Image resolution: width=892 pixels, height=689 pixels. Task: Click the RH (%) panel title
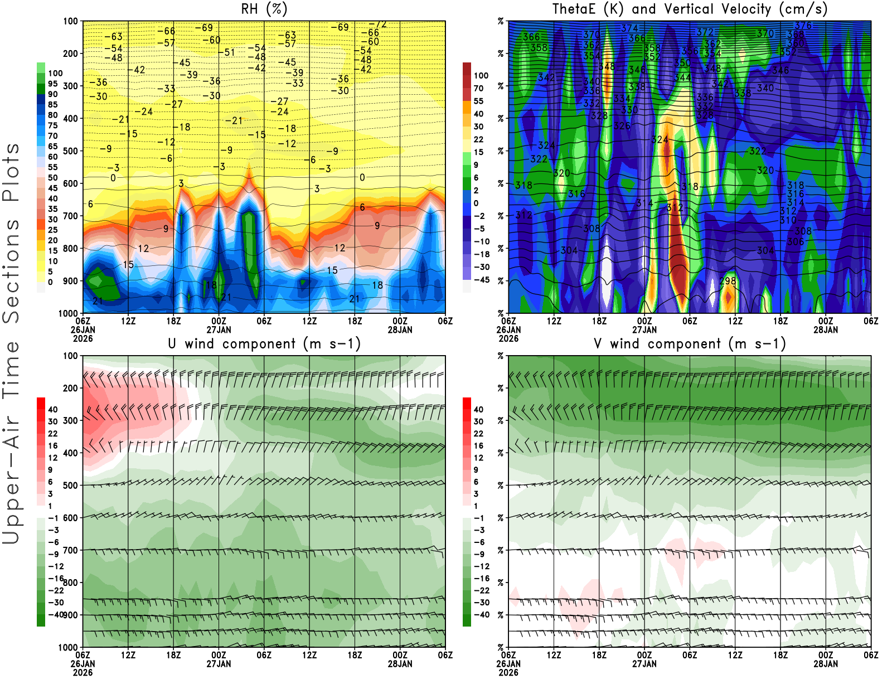[264, 9]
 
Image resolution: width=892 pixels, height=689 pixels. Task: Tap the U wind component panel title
[264, 343]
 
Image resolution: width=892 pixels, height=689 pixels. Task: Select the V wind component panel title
[690, 343]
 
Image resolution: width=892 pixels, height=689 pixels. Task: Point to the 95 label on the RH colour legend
[53, 84]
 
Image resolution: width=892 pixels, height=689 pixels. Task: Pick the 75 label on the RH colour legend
[53, 125]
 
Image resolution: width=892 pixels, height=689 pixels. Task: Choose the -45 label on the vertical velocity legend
[481, 280]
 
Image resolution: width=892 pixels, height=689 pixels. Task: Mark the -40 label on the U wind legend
[55, 614]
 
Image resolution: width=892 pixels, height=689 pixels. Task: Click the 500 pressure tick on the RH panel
[71, 151]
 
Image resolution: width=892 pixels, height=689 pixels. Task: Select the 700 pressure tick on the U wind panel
[71, 550]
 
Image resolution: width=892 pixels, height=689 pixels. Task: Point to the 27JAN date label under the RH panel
[219, 329]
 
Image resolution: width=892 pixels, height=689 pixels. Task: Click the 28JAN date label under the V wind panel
[826, 664]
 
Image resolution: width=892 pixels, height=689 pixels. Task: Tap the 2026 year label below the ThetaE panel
[508, 338]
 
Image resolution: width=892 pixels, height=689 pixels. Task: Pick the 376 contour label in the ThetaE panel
[803, 26]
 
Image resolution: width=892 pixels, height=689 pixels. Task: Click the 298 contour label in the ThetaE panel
[728, 281]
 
